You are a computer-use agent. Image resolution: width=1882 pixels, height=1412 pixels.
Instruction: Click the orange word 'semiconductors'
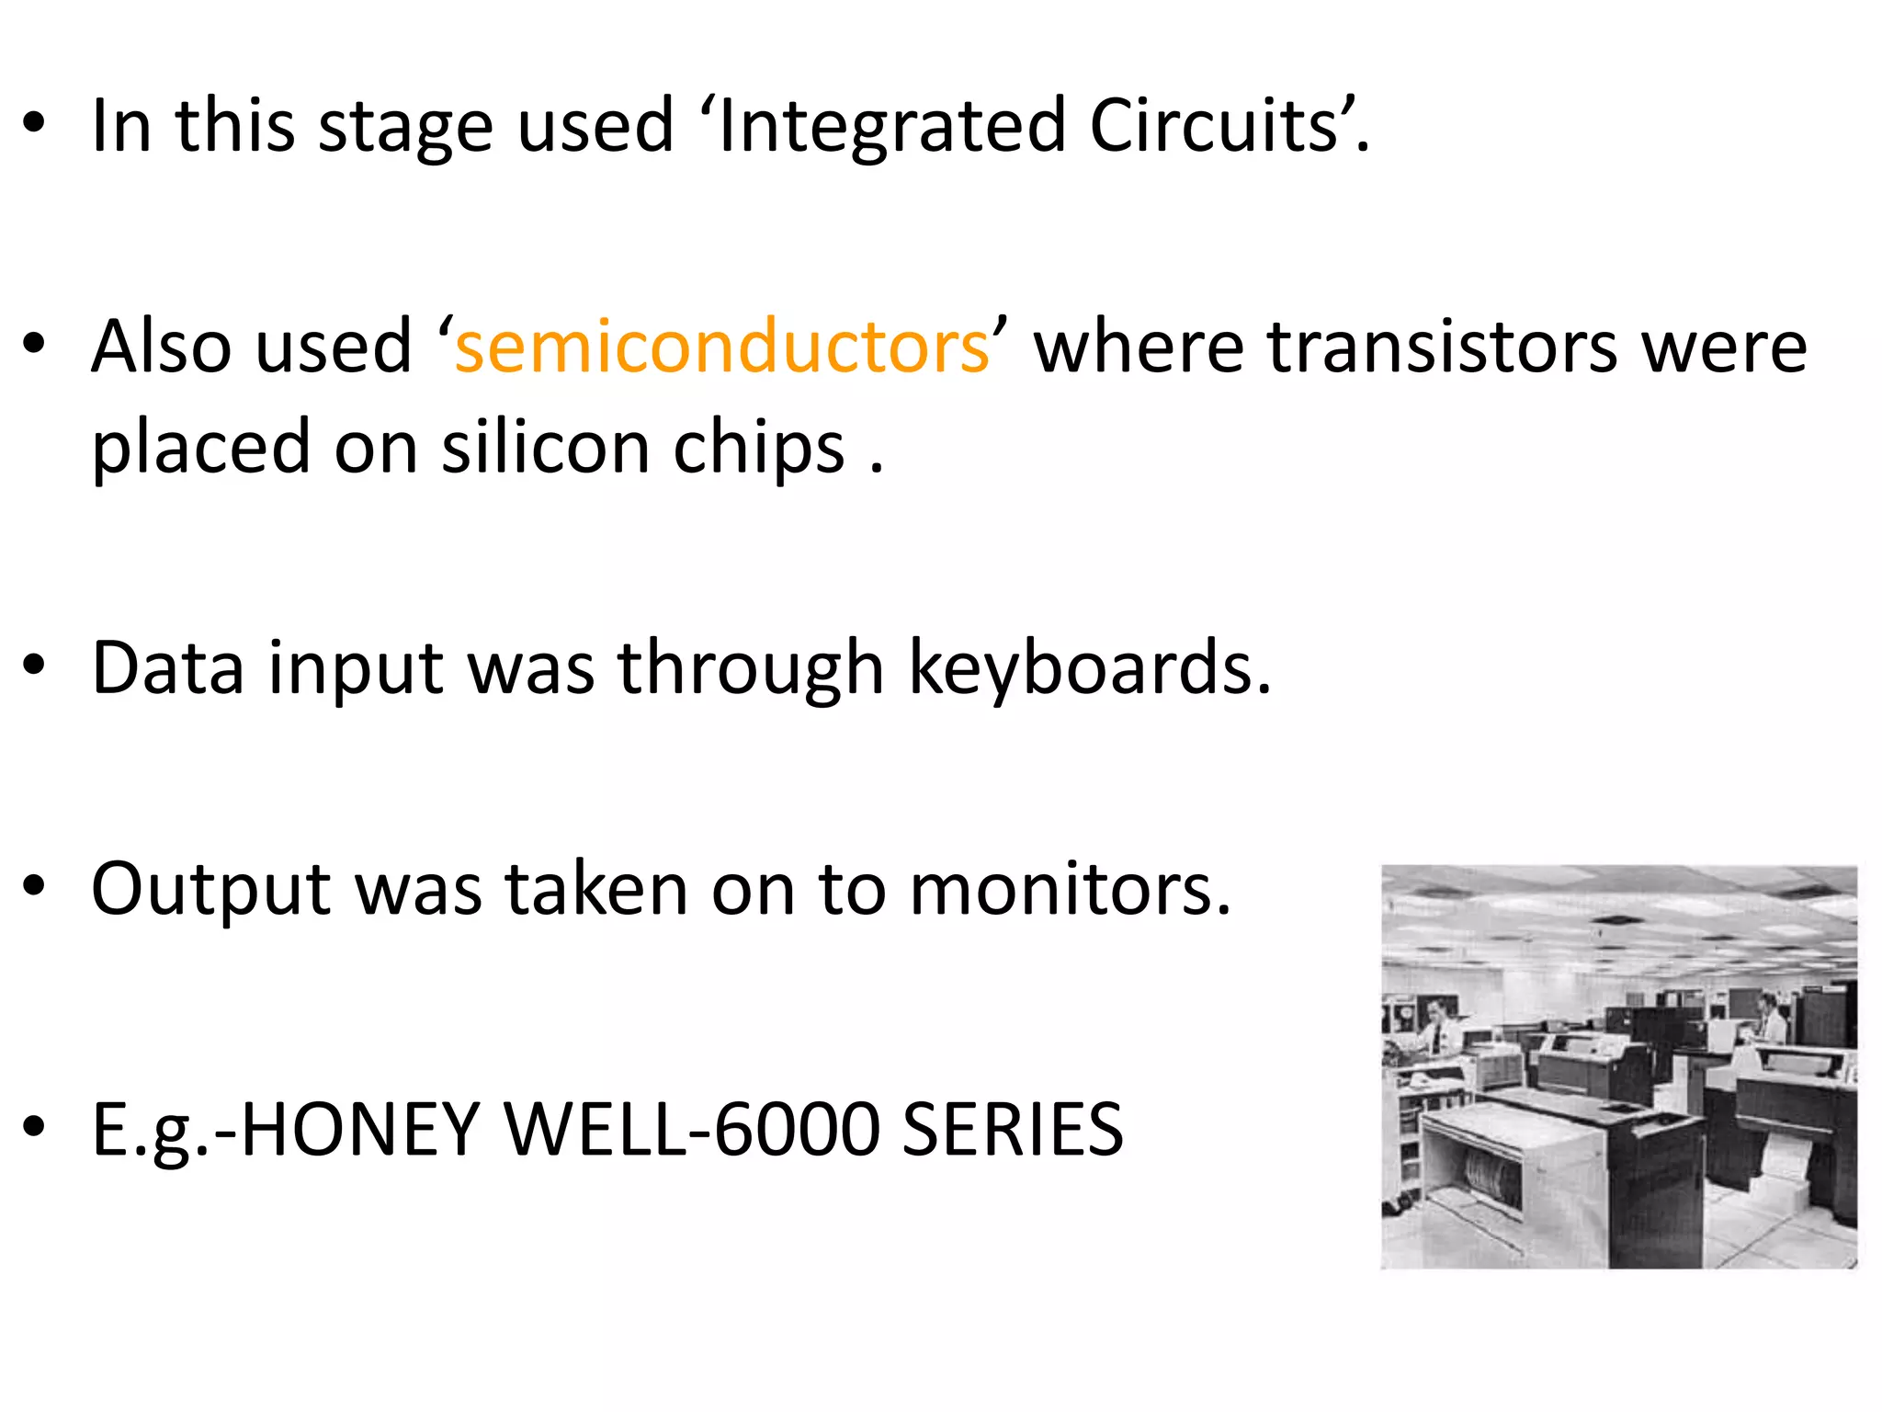point(722,347)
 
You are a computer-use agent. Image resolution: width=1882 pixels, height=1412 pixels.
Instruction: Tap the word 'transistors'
point(1442,347)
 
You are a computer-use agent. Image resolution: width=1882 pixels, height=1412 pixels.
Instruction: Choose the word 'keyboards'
point(1089,667)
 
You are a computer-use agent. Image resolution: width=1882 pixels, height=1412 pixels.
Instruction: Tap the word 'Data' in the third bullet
point(168,667)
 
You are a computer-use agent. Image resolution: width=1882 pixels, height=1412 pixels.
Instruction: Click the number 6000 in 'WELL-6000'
point(796,1129)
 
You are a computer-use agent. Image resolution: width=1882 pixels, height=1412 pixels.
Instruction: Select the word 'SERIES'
point(1012,1129)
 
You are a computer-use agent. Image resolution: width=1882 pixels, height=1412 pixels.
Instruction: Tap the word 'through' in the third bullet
point(750,669)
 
